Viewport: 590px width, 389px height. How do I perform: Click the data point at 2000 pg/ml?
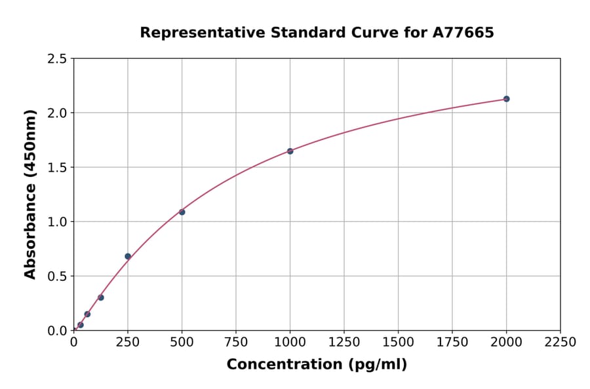pos(506,99)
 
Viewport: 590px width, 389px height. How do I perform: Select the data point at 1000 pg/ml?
pos(290,151)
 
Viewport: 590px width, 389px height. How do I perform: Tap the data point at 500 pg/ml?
pos(182,212)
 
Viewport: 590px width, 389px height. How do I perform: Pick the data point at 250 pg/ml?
pos(128,256)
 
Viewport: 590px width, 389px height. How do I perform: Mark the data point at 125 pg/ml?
pos(101,297)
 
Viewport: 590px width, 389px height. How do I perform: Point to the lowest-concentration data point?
pos(81,325)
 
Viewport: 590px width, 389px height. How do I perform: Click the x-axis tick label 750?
pos(236,343)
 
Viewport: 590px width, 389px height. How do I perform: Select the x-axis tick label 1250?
pos(344,343)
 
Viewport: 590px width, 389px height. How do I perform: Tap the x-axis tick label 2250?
pos(560,343)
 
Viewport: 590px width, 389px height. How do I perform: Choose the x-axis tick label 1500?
pos(398,343)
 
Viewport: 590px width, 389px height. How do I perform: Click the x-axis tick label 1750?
pos(452,343)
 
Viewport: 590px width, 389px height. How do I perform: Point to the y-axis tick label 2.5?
pos(57,59)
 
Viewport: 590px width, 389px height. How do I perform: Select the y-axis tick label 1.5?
pos(57,168)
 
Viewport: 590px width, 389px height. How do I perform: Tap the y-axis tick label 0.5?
pos(57,276)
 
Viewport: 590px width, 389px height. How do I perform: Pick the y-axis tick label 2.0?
pos(57,113)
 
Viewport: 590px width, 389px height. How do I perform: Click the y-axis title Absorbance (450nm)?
pos(30,194)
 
